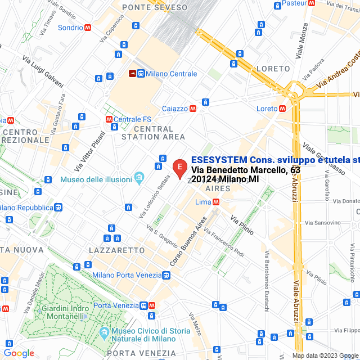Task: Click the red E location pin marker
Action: click(179, 167)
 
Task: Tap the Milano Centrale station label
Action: click(171, 74)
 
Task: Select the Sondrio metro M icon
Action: click(88, 27)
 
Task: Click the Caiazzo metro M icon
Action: click(193, 109)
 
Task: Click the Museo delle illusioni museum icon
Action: click(138, 179)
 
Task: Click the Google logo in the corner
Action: click(19, 353)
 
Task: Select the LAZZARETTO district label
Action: click(116, 249)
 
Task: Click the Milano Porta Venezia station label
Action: click(127, 276)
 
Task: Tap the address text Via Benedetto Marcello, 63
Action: click(246, 169)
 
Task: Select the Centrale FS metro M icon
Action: click(109, 119)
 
